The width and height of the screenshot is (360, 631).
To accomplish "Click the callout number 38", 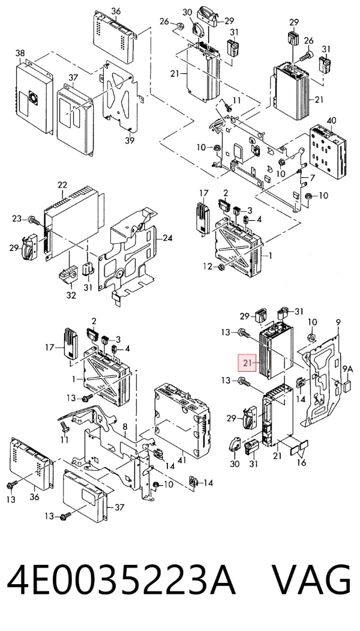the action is [x=20, y=53].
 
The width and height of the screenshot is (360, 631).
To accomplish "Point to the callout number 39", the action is [x=130, y=140].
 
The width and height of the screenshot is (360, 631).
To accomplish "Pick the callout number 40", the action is [x=331, y=120].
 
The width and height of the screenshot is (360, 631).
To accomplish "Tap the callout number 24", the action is [x=167, y=238].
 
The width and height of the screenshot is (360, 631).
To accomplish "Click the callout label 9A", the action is [x=347, y=369].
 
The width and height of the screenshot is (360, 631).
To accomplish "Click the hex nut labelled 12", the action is [x=221, y=267].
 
